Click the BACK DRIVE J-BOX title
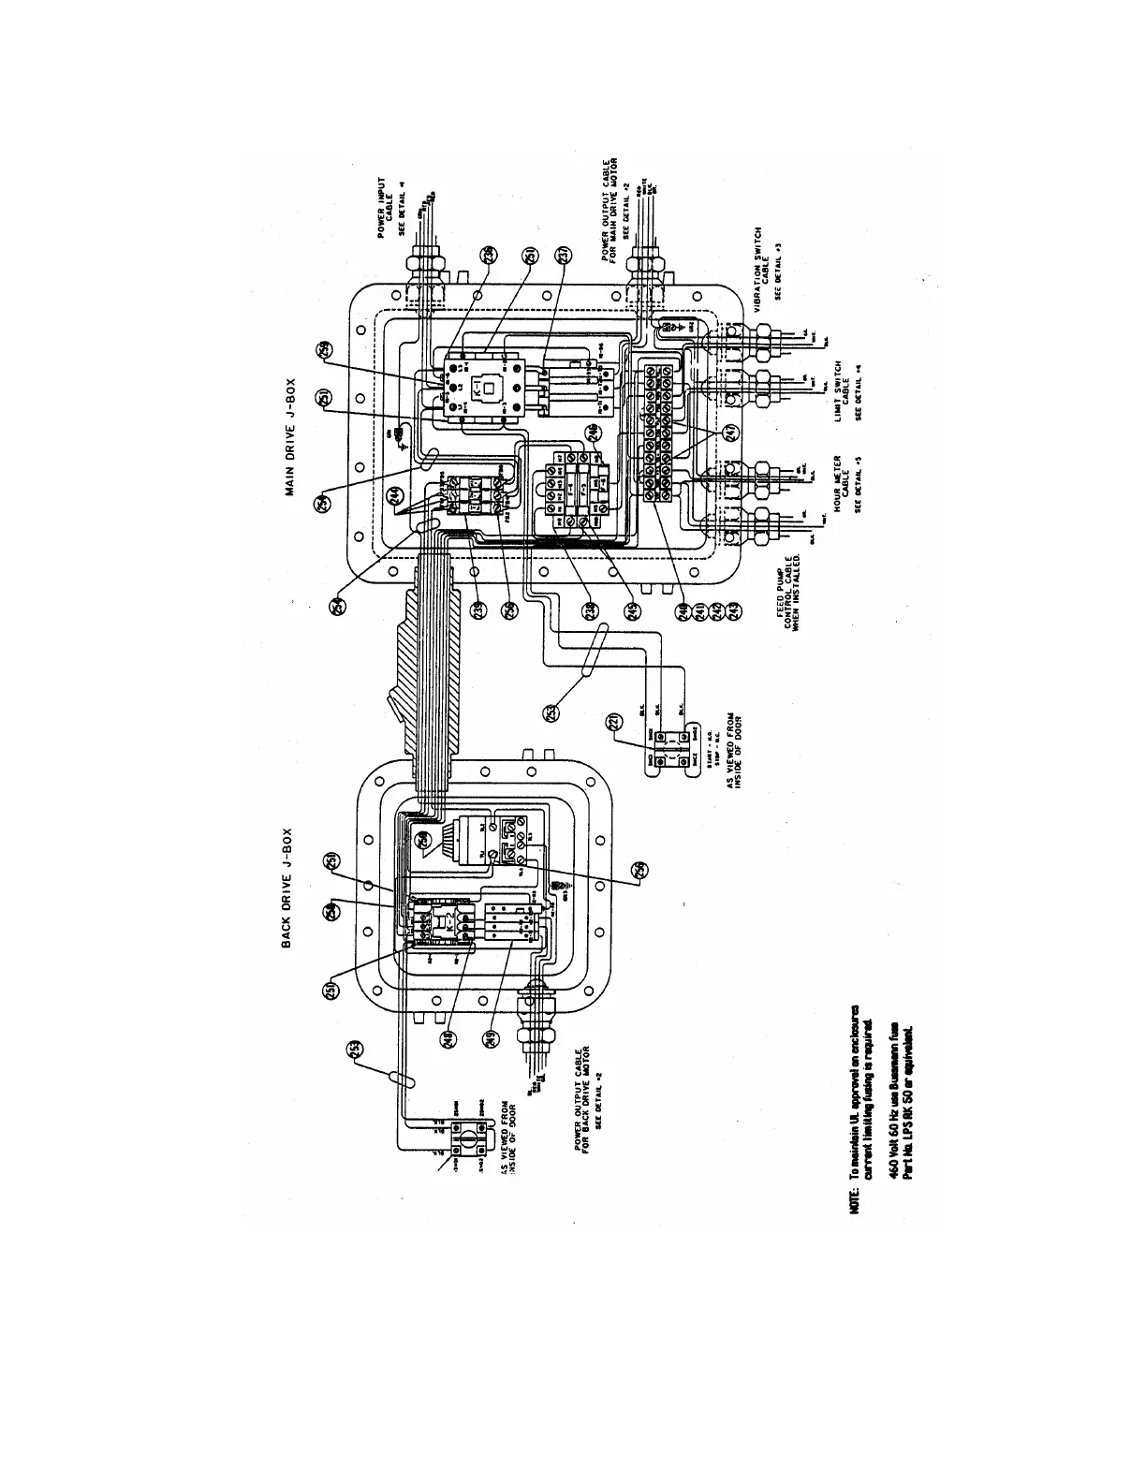coord(289,886)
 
